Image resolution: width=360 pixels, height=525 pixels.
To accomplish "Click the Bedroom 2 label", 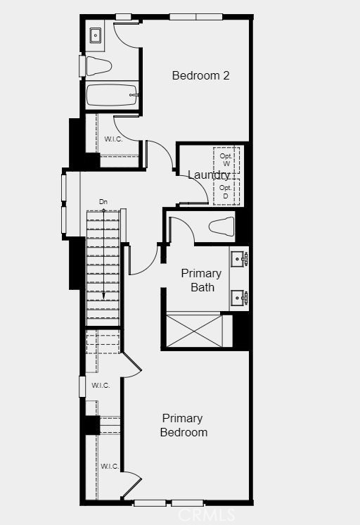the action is [x=201, y=75].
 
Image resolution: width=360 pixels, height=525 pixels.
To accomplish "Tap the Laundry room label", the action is [x=208, y=175].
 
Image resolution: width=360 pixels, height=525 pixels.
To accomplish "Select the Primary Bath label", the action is [x=201, y=280].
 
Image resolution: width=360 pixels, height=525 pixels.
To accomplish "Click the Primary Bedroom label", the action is [x=184, y=425].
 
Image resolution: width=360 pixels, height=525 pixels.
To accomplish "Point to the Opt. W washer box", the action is [x=226, y=160].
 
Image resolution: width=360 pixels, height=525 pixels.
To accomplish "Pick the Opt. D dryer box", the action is [x=226, y=192].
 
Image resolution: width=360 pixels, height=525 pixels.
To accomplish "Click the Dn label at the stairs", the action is [x=103, y=202].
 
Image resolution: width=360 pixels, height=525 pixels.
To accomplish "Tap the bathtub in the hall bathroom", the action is [x=112, y=95].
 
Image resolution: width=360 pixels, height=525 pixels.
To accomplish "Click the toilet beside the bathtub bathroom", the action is [x=98, y=66].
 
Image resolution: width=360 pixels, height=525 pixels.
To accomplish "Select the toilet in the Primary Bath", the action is [x=221, y=227].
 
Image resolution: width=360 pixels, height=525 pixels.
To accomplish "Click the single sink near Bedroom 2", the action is [x=96, y=35].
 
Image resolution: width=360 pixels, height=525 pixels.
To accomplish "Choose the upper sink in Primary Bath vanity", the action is [x=239, y=259].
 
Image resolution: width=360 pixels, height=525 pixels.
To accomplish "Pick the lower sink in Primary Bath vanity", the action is [x=239, y=297].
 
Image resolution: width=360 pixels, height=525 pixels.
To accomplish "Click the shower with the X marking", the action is [x=194, y=331].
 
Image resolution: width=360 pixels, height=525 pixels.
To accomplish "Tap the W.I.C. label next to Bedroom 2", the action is [x=113, y=139].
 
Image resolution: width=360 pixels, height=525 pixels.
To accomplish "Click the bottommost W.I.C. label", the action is [x=110, y=466].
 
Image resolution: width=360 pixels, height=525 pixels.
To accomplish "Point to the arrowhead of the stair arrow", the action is [x=103, y=296].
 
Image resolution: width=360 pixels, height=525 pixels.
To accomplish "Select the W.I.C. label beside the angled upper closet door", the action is [x=101, y=386].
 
